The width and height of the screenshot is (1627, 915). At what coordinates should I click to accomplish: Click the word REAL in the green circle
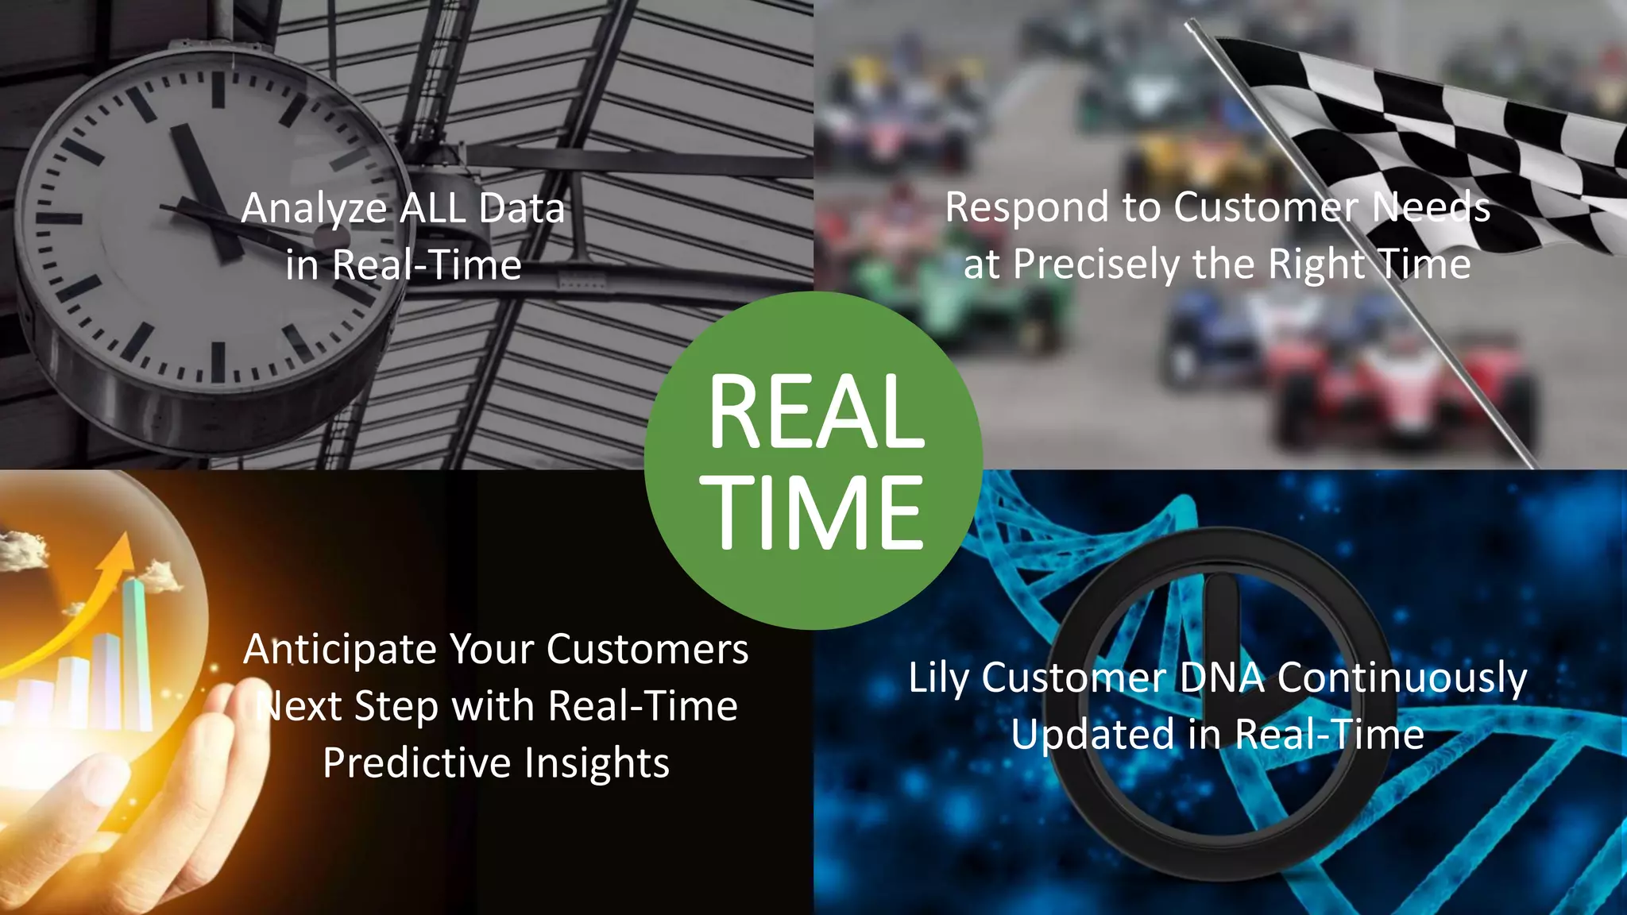816,411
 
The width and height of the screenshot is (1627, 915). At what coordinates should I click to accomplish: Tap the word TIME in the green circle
816,512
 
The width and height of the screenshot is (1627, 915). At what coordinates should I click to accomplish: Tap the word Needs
1431,208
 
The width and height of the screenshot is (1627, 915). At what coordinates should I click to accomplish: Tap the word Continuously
1401,679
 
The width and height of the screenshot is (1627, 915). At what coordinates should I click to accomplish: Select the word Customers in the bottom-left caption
647,650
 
